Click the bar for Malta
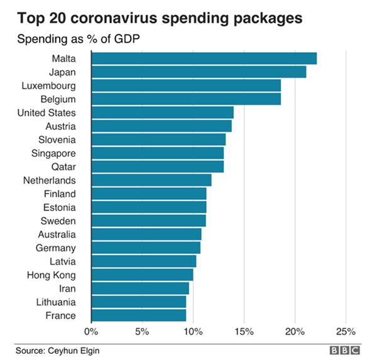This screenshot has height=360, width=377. coord(204,58)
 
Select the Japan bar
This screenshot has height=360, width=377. coord(199,72)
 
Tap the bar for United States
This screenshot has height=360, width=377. coord(162,112)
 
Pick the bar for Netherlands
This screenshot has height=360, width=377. coord(151,180)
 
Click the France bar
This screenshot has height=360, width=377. coord(138,315)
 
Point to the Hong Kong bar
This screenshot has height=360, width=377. coord(142,275)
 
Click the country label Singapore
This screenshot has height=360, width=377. coord(53,153)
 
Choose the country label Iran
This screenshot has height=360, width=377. coord(67,288)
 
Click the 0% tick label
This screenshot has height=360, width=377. coord(91,331)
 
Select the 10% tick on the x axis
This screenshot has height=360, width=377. coord(193,331)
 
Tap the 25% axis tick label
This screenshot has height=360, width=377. coord(346,331)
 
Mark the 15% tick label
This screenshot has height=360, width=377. coord(244,331)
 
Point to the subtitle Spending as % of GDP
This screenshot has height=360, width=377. coord(77,39)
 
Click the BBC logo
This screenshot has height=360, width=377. coord(345,350)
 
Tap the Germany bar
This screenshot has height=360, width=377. coord(146,248)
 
